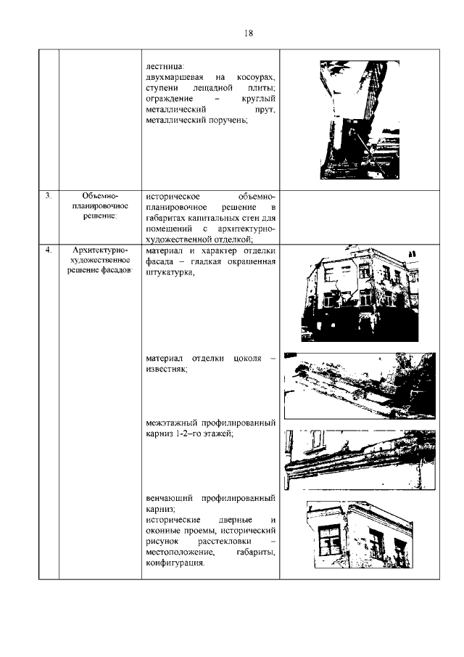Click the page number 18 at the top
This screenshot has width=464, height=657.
[x=248, y=33]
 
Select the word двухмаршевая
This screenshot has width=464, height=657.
[x=173, y=77]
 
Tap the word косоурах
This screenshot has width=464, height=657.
[x=258, y=77]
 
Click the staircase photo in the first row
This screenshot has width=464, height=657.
[x=358, y=119]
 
